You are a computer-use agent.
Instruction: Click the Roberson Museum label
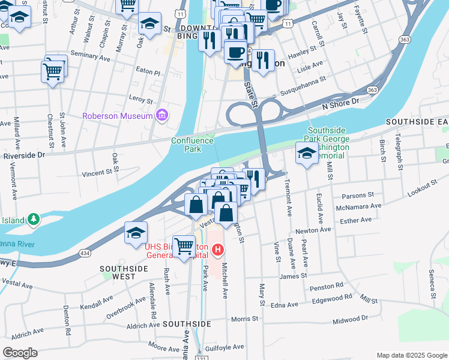[x=117, y=116]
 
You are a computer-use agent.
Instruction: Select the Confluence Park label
[x=192, y=145]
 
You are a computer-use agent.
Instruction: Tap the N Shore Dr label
[x=340, y=103]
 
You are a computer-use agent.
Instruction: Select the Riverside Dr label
[x=24, y=155]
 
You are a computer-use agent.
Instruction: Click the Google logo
[x=20, y=352]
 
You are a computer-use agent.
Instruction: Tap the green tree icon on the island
[x=34, y=220]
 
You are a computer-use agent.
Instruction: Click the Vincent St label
[x=97, y=173]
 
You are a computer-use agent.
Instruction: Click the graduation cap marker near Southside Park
[x=306, y=154]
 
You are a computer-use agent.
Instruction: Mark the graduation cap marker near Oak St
[x=149, y=24]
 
